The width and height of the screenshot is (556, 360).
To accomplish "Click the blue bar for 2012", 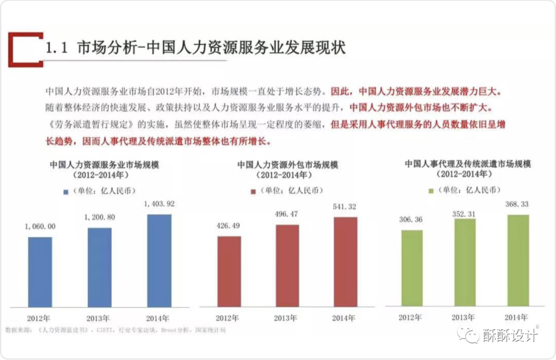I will tap(40, 272).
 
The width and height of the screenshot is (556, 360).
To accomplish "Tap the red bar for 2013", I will tap(287, 266).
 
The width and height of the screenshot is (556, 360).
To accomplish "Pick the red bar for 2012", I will tap(229, 271).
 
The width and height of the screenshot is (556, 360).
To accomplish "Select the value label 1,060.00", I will tap(40, 226).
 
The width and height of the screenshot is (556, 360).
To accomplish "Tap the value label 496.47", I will tap(287, 214).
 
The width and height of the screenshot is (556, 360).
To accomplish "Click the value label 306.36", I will tap(411, 219).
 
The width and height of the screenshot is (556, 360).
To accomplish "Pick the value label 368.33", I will tap(518, 204).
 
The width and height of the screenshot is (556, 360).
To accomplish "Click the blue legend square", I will tap(66, 192).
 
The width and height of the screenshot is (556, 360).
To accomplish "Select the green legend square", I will tap(431, 191).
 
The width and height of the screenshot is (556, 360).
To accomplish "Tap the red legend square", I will tap(253, 192).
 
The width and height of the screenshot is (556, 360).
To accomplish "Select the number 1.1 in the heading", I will tap(57, 48).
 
